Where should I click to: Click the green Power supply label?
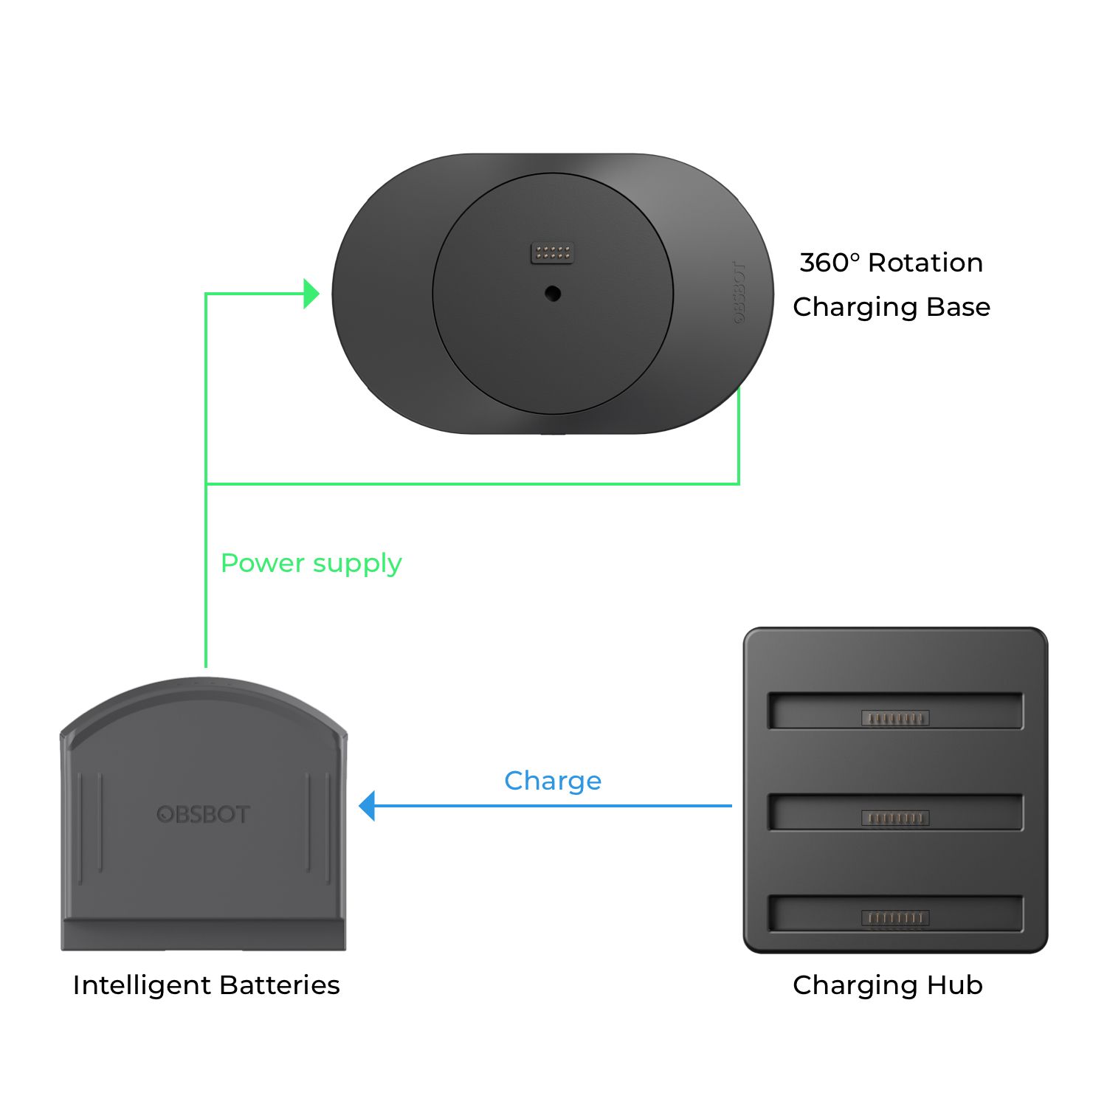pyautogui.click(x=311, y=564)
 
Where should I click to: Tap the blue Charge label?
pyautogui.click(x=553, y=781)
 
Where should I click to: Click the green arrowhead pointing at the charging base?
pyautogui.click(x=311, y=294)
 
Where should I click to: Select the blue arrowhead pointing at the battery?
pyautogui.click(x=367, y=806)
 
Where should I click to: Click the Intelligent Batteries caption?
pyautogui.click(x=207, y=985)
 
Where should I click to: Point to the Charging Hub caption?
pyautogui.click(x=888, y=986)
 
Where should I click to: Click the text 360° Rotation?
pyautogui.click(x=892, y=263)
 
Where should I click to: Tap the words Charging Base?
pyautogui.click(x=892, y=307)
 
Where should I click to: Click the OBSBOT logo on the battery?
pyautogui.click(x=204, y=815)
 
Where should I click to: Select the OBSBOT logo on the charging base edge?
pyautogui.click(x=739, y=292)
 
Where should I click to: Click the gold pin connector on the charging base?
pyautogui.click(x=553, y=253)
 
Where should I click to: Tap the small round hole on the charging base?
pyautogui.click(x=553, y=294)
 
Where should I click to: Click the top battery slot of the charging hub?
pyautogui.click(x=895, y=711)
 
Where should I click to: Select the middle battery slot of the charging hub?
pyautogui.click(x=895, y=812)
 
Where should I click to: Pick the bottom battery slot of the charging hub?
pyautogui.click(x=895, y=914)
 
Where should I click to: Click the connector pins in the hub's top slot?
pyautogui.click(x=895, y=718)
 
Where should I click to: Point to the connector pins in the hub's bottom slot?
pyautogui.click(x=895, y=918)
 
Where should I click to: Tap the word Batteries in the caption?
pyautogui.click(x=280, y=985)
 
